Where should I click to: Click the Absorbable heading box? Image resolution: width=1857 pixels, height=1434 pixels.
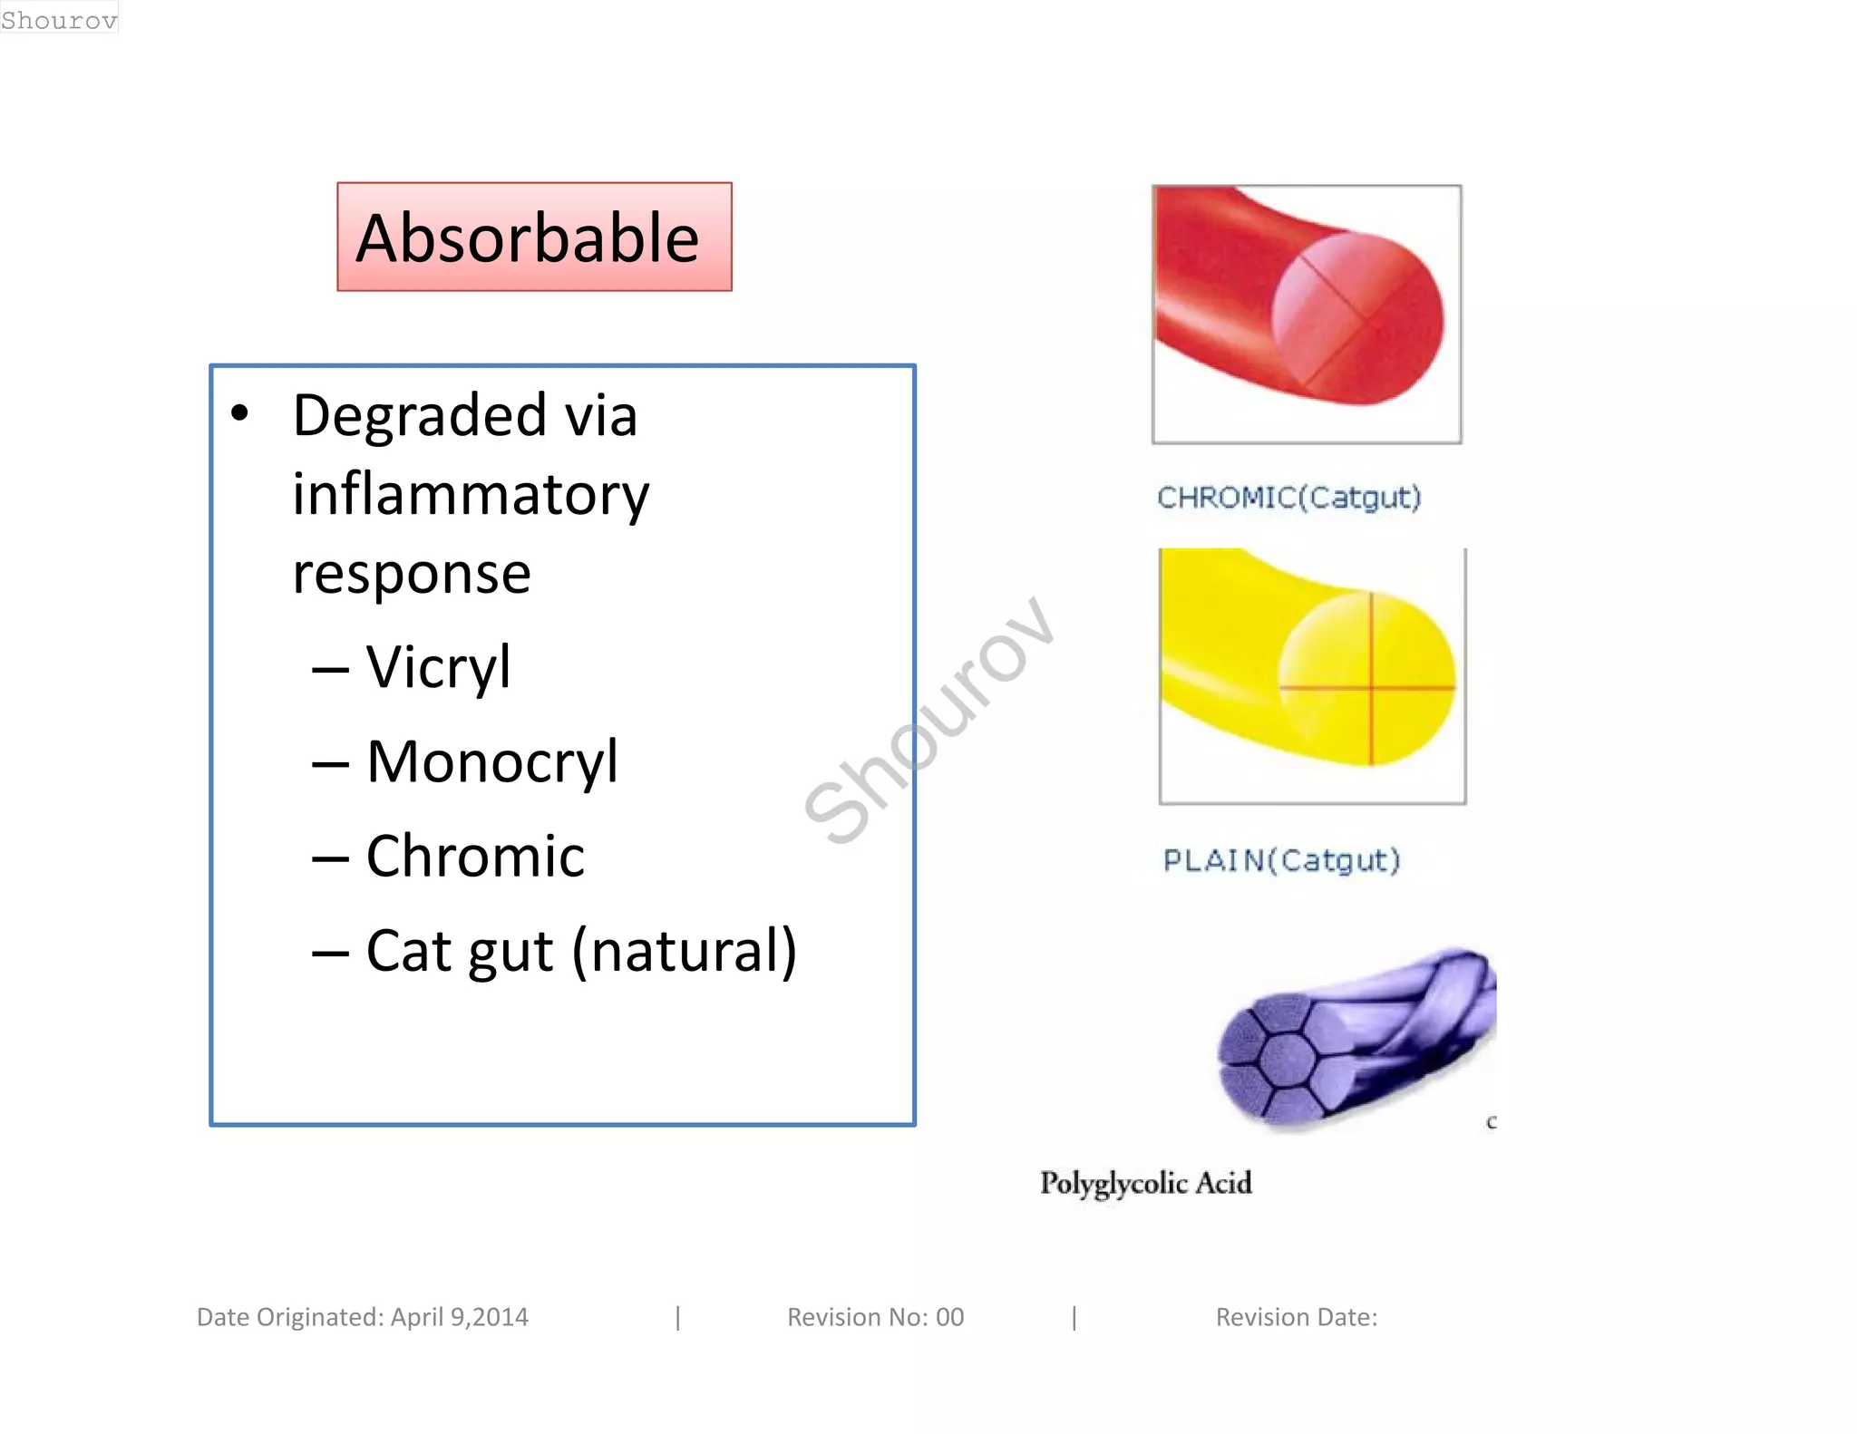click(534, 237)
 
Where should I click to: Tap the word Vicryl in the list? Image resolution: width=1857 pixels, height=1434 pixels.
click(438, 667)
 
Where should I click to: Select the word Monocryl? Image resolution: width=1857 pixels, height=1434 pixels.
click(491, 761)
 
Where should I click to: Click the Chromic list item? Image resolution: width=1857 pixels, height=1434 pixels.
click(475, 857)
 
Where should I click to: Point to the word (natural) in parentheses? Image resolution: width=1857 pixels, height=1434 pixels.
click(685, 952)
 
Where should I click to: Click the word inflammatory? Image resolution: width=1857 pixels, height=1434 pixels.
click(470, 495)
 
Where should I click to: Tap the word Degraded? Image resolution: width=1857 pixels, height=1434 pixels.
click(419, 416)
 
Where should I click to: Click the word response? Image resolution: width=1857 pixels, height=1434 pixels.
click(412, 574)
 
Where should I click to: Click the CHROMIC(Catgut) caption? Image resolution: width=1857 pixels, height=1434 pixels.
click(1288, 497)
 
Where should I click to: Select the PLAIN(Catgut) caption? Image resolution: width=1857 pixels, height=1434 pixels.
click(1281, 859)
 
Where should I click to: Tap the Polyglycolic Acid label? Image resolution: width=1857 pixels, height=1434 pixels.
click(1145, 1183)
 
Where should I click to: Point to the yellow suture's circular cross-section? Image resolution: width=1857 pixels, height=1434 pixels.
click(1366, 678)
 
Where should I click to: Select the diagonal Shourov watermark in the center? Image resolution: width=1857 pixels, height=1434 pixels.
click(928, 721)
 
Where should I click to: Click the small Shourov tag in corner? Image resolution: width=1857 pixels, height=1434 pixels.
click(59, 18)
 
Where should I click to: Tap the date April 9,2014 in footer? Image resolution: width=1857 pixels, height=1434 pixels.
click(459, 1317)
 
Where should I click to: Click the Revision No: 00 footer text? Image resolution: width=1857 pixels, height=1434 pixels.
click(875, 1317)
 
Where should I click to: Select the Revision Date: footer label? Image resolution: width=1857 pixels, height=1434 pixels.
click(1296, 1317)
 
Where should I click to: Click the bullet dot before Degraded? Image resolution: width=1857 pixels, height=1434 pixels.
click(239, 414)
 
